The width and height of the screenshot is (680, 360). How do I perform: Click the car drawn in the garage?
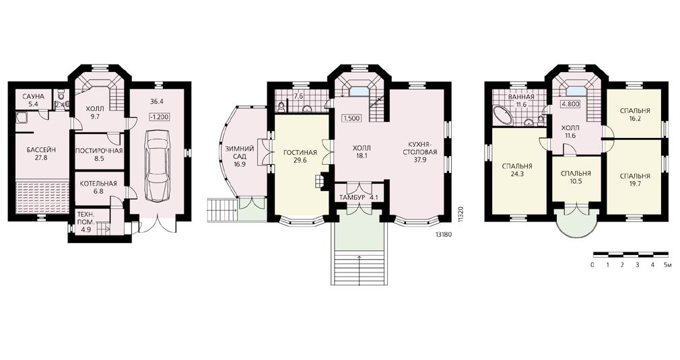click(158, 165)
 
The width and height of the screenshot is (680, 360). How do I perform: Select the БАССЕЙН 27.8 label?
click(37, 154)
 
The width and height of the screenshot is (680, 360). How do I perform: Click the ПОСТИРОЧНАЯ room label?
click(99, 151)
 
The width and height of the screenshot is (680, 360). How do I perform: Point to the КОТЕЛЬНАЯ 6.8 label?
click(98, 186)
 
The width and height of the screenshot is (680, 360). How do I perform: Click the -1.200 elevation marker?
click(160, 117)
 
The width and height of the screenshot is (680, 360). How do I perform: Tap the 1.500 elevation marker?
click(351, 118)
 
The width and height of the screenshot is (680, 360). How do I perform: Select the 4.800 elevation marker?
click(571, 104)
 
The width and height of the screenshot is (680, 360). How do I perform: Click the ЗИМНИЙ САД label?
click(239, 153)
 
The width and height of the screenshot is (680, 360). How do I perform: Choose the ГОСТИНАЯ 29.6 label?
click(300, 156)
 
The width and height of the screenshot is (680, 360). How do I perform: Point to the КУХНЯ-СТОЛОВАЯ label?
click(420, 148)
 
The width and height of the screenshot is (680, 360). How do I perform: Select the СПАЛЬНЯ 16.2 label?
click(635, 114)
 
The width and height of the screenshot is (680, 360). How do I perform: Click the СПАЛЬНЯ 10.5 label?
click(576, 178)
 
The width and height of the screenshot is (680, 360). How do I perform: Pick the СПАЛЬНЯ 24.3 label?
click(517, 170)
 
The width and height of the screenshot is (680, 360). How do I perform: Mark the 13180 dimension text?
click(444, 234)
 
